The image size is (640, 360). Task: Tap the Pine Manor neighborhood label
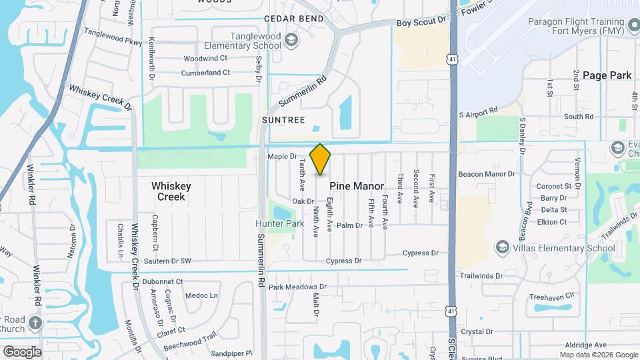(356, 186)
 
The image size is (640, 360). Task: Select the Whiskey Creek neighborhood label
(171, 191)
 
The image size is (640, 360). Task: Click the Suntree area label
(284, 121)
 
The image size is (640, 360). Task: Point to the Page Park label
(607, 75)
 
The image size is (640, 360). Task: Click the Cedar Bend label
(293, 19)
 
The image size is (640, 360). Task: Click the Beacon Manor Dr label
(487, 174)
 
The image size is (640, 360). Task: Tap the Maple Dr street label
(282, 157)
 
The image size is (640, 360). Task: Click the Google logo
(21, 351)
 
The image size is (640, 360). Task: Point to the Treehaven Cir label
(551, 296)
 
